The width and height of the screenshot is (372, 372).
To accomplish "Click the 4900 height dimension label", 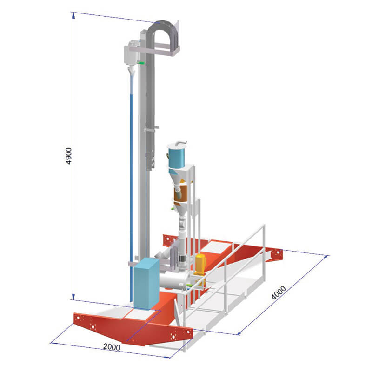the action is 68,156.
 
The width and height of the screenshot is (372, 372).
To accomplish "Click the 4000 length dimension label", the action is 279,292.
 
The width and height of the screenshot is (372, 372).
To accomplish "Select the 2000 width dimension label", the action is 112,347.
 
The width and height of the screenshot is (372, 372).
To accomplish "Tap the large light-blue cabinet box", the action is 146,284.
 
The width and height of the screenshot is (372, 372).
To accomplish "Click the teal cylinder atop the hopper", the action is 177,157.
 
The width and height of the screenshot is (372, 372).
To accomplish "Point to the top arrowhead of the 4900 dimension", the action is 73,15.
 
